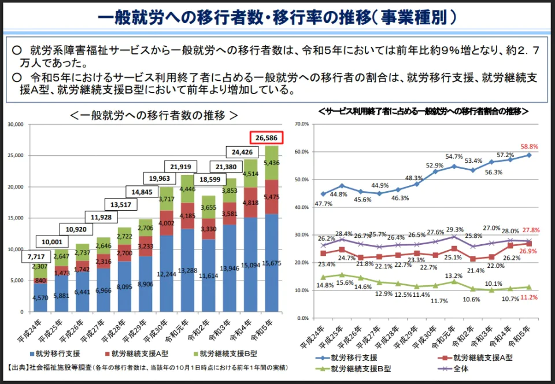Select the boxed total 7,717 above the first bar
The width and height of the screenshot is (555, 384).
(36, 256)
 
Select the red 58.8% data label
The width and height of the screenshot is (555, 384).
(530, 147)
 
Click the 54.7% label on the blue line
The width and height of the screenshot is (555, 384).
(454, 156)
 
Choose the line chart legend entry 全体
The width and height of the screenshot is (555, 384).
(460, 368)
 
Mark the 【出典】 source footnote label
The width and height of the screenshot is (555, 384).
(20, 368)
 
